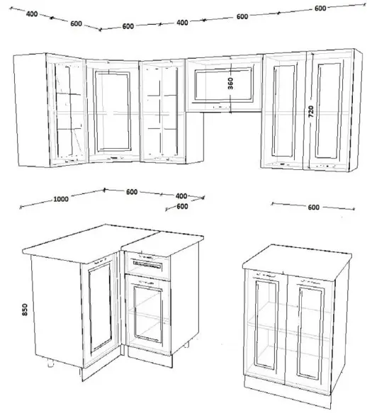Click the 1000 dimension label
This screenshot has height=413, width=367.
pos(61,199)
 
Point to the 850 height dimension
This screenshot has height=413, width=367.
pos(25,310)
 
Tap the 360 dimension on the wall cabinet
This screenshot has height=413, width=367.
pos(230,83)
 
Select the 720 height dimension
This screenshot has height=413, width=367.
pos(311,111)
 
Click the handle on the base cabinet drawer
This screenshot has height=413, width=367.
pos(147,265)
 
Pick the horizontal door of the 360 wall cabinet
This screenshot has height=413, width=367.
pos(224,84)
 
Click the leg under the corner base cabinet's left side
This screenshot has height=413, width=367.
pos(50,363)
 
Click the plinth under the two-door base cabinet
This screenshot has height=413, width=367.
pos(287,389)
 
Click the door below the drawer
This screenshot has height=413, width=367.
pos(148,314)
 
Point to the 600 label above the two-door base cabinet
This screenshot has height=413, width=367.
pos(313,208)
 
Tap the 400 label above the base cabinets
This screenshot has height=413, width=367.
pos(181,196)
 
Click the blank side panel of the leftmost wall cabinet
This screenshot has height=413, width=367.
pos(32,110)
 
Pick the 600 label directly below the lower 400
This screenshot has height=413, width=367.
pos(182,206)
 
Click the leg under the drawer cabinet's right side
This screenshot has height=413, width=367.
pos(186,345)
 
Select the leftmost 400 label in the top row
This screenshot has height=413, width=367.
pos(32,13)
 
